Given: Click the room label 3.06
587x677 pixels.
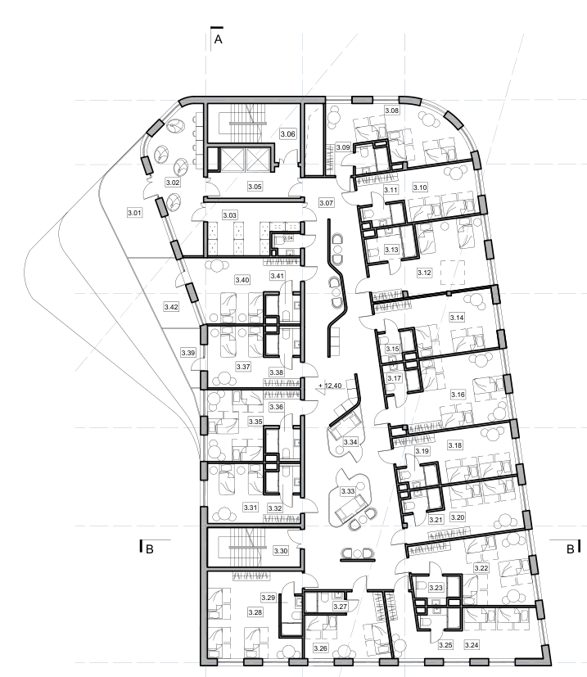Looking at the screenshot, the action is (287, 134).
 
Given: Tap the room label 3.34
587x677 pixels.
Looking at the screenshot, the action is (350, 442).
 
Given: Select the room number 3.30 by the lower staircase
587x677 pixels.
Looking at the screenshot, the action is (281, 551).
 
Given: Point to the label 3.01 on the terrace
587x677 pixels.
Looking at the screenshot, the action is (135, 213).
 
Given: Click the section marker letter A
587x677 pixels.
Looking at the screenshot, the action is (218, 39).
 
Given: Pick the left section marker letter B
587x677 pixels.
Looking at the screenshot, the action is (150, 549).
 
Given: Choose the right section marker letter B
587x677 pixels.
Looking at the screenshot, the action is (570, 549).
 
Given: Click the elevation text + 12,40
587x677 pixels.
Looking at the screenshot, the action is (330, 386).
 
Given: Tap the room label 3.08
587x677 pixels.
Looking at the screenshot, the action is (392, 111).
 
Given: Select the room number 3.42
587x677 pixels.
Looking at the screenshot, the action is (171, 307).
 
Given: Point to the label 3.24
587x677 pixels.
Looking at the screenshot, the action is (472, 645).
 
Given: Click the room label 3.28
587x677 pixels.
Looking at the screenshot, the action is (255, 612).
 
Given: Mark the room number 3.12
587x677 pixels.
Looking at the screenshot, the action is (425, 273).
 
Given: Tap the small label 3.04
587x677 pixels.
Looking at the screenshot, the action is (288, 238).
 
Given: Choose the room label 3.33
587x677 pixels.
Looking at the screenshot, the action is (348, 491).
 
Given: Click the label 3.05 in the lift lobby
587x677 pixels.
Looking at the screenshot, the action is (255, 187).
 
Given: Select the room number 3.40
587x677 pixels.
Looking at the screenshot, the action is (242, 280).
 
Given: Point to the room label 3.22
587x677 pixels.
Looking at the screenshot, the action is (481, 568).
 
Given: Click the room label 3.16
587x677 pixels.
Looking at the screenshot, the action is (458, 395).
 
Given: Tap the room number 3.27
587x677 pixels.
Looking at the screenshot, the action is (341, 607).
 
